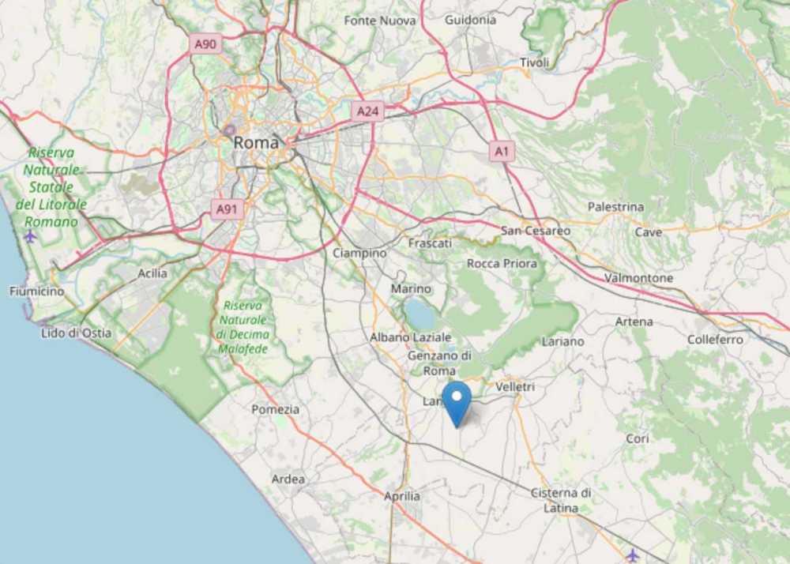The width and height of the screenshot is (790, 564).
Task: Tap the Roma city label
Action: [x=256, y=143]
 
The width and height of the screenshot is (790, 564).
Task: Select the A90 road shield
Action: [x=206, y=44]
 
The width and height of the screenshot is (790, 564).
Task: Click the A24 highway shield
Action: [x=367, y=111]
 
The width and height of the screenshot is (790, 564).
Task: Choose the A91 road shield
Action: [x=228, y=209]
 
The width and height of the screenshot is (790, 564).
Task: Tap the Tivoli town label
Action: [x=534, y=62]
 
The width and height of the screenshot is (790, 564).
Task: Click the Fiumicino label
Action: [x=36, y=291]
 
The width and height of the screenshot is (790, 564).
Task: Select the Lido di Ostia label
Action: [x=76, y=333]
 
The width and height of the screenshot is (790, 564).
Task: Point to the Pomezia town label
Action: [x=275, y=409]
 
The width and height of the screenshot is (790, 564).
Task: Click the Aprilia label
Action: [x=402, y=496]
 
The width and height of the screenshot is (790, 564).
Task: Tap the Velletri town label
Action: [x=515, y=387]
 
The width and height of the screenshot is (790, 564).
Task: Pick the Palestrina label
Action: [x=615, y=207]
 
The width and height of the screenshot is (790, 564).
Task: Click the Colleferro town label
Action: [x=716, y=340]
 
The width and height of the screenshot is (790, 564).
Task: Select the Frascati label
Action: [x=430, y=243]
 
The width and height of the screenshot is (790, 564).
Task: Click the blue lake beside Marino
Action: [x=421, y=314]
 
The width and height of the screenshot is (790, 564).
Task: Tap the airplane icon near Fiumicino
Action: [x=30, y=235]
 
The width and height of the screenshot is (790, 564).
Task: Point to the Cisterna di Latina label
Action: [x=561, y=500]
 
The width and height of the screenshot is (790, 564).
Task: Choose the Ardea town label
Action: [x=288, y=479]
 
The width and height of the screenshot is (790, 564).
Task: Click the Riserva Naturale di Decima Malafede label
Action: [x=243, y=327]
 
